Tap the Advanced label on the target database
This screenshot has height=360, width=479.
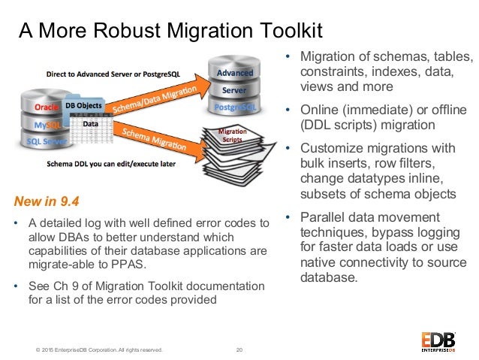(235, 74)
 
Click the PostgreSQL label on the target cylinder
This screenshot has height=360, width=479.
(235, 108)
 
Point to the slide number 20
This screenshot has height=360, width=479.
(239, 349)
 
